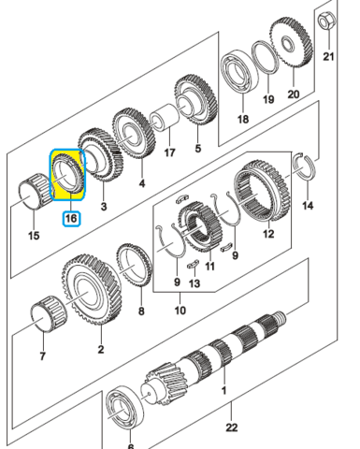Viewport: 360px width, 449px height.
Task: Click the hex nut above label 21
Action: point(326,22)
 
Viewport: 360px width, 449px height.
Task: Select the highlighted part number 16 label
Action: point(71,218)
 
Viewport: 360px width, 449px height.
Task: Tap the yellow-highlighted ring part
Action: point(67,174)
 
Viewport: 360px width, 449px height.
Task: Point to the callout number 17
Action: point(169,152)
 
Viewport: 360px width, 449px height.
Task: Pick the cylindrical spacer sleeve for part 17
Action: point(165,117)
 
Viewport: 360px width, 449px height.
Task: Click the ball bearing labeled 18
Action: point(240,72)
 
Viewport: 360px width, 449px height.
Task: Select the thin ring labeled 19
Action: point(265,58)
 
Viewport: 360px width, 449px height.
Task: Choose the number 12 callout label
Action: point(268,234)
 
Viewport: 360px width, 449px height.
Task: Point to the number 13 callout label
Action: point(194,283)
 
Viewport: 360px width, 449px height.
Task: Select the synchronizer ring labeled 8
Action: point(135,265)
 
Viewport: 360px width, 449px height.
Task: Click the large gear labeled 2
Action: point(92,290)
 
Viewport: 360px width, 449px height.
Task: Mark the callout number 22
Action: point(231,427)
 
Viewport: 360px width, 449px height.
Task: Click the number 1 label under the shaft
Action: point(223,390)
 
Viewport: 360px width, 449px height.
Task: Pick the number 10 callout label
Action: point(180,311)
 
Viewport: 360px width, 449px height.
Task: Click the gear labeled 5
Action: point(195,100)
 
